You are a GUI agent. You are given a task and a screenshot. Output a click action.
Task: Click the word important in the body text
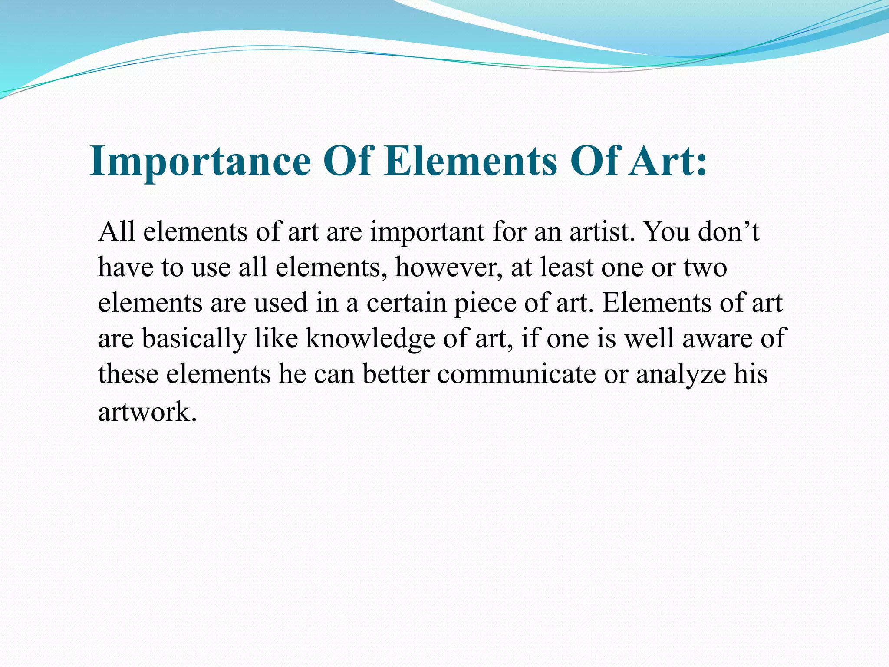coord(427,232)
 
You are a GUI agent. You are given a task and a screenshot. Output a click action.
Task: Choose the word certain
coord(406,303)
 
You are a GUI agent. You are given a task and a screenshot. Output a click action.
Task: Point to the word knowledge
coord(370,339)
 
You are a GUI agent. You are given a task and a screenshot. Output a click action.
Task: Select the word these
coord(128,374)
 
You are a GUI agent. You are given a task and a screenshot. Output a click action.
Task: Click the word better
coord(396,374)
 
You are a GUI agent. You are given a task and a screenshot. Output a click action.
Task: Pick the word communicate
coord(516,374)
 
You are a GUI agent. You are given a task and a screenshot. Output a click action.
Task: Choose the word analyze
coord(681,374)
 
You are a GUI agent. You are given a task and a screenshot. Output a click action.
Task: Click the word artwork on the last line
coord(145,412)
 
